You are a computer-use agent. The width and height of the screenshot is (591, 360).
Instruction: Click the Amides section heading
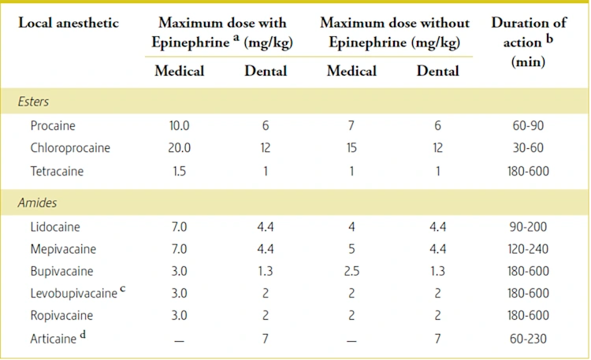click(x=38, y=202)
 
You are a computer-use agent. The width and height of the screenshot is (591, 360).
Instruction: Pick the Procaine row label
click(x=53, y=125)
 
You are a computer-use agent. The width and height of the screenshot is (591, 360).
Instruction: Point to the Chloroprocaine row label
click(x=70, y=147)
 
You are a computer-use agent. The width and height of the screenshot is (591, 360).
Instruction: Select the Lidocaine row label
click(x=55, y=227)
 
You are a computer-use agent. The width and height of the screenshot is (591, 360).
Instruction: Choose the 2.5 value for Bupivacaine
click(x=351, y=271)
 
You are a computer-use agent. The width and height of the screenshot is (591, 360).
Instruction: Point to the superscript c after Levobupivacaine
click(x=123, y=290)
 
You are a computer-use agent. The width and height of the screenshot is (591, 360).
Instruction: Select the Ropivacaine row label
click(x=61, y=315)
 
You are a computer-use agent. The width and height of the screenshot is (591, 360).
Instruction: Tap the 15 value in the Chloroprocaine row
click(x=351, y=147)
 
